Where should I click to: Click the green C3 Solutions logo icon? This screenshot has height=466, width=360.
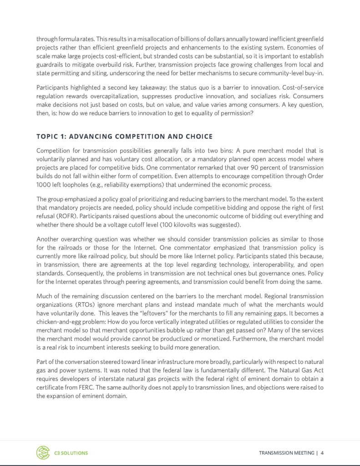click(43, 452)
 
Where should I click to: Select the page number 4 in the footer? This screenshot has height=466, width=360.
click(322, 453)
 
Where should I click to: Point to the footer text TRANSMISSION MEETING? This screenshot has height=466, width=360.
click(286, 453)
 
